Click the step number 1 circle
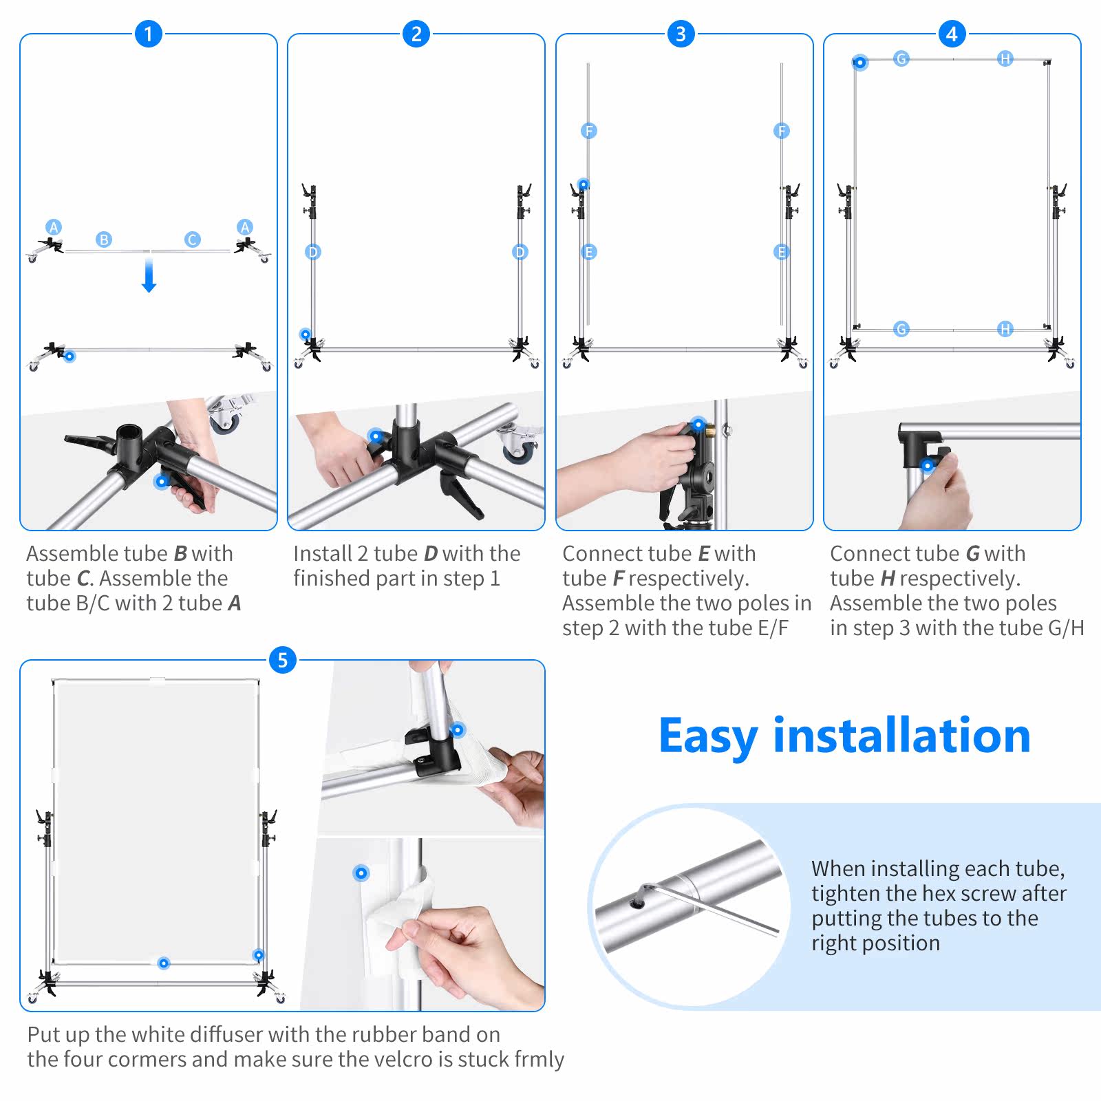[x=148, y=33]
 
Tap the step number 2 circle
[x=416, y=33]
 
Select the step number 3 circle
[x=681, y=33]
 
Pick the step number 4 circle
[x=952, y=33]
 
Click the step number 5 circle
[x=282, y=660]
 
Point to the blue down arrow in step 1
[x=149, y=275]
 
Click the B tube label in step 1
[x=104, y=239]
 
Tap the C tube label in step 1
[x=192, y=239]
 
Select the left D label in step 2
[x=313, y=252]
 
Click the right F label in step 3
[x=781, y=131]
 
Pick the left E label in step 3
[x=588, y=252]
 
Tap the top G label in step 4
[x=901, y=58]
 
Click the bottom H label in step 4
[x=1005, y=329]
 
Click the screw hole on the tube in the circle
[x=638, y=902]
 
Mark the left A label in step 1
[x=54, y=227]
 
